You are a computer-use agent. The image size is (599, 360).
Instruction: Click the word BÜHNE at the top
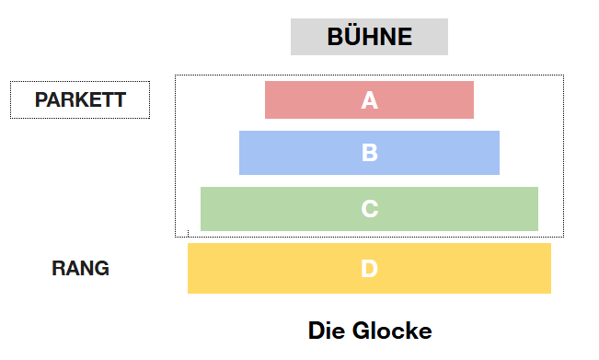click(369, 36)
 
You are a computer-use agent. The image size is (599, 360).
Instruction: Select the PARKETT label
click(80, 99)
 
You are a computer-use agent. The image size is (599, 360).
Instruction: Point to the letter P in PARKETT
click(40, 99)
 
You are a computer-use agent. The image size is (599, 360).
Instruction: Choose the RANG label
click(80, 268)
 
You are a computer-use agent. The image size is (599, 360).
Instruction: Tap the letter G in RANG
click(102, 268)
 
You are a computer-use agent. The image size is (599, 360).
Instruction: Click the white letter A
click(369, 100)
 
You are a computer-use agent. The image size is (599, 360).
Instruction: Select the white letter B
click(369, 153)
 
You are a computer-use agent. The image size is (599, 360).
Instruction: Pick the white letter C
click(369, 209)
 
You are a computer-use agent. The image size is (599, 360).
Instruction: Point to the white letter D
click(369, 268)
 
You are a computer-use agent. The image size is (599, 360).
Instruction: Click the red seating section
click(369, 99)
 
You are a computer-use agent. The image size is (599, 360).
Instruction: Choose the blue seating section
click(369, 153)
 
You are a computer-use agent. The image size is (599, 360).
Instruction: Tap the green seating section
click(369, 209)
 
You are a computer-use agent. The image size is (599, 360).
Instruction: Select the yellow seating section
click(369, 268)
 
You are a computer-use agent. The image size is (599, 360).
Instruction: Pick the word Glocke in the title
click(392, 331)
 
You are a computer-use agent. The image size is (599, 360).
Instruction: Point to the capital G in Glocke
click(361, 331)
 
